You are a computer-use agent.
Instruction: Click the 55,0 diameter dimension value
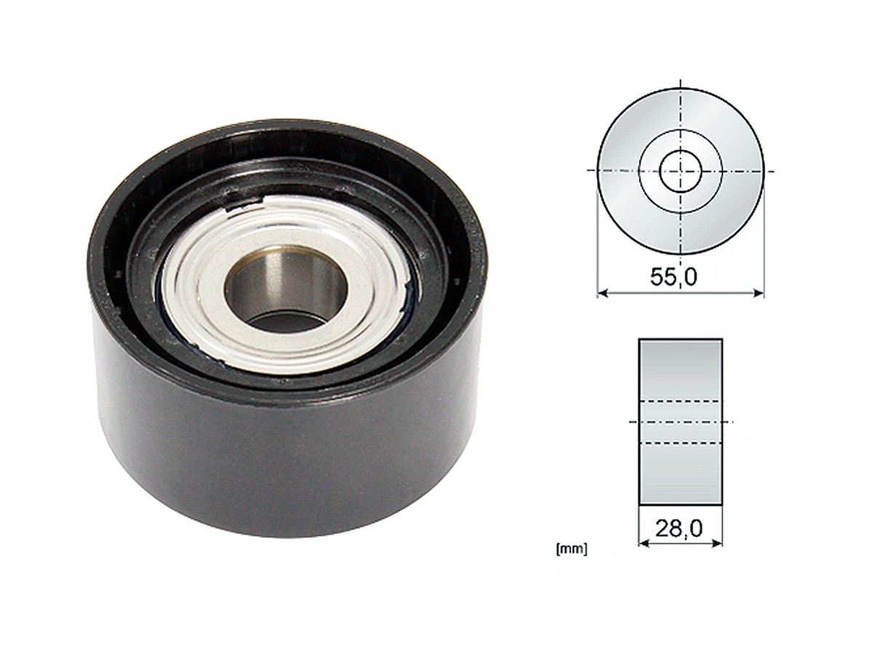click(x=679, y=277)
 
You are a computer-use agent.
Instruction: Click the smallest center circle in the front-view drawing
click(x=680, y=171)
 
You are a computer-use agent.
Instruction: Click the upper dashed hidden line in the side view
click(x=680, y=401)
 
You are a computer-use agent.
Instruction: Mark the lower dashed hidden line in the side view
click(x=680, y=442)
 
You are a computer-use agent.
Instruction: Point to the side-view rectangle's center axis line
click(x=680, y=422)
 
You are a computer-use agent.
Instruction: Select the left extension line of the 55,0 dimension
click(x=598, y=240)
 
